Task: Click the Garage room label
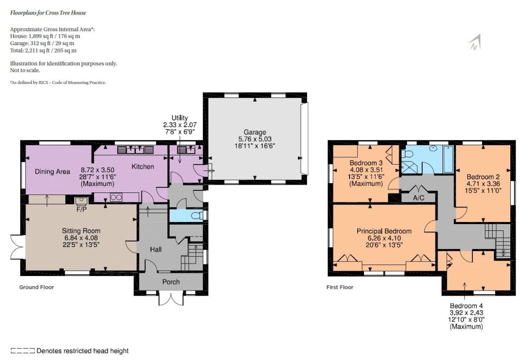pos(255,132)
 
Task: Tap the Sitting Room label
pos(81,231)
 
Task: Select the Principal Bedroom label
pos(384,231)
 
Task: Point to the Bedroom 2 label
pos(483,177)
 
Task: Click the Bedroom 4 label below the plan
pos(466,306)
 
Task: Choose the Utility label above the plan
pos(179,118)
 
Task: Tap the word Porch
pos(171,282)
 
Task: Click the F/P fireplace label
pos(81,209)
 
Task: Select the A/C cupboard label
pos(418,198)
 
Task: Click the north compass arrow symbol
pos(475,43)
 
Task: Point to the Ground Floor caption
pos(37,287)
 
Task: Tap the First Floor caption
pos(340,287)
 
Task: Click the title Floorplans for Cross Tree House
pos(48,13)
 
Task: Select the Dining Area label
pos(52,171)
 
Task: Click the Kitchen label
pos(143,167)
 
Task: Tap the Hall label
pos(156,250)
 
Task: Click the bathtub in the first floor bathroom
pos(449,159)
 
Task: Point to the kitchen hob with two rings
pos(116,198)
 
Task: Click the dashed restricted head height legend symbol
pos(22,351)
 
